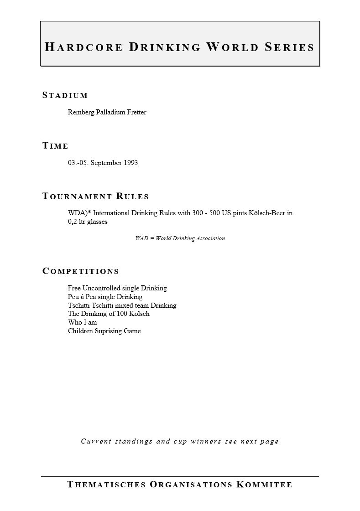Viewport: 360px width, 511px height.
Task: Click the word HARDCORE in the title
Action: click(x=83, y=47)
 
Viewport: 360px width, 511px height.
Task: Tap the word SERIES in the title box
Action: click(x=290, y=47)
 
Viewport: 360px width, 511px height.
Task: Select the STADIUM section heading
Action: click(x=65, y=95)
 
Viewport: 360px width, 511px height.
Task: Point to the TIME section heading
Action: click(x=55, y=146)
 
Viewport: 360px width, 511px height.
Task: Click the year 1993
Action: click(x=130, y=163)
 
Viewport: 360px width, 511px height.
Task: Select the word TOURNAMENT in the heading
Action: click(x=77, y=196)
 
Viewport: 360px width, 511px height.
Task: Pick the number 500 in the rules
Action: click(x=214, y=213)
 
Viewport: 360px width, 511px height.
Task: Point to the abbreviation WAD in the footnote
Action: click(x=141, y=238)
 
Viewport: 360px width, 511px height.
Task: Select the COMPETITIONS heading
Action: click(x=80, y=271)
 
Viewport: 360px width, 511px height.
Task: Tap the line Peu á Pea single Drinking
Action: click(x=105, y=297)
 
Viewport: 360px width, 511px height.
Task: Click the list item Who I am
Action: click(x=82, y=322)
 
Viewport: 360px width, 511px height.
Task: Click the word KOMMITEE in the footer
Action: click(x=265, y=485)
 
